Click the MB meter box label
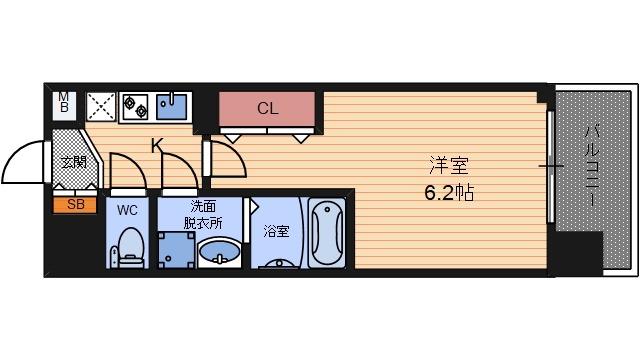click(x=64, y=102)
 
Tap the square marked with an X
click(x=100, y=106)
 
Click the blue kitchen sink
click(x=174, y=105)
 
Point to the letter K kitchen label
click(x=157, y=145)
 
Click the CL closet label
click(x=267, y=108)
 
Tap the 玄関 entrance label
click(x=72, y=162)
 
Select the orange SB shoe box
click(x=74, y=205)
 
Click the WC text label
click(x=127, y=210)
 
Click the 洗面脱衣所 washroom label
click(x=200, y=214)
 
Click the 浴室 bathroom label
click(x=276, y=231)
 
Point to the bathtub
click(x=326, y=235)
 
